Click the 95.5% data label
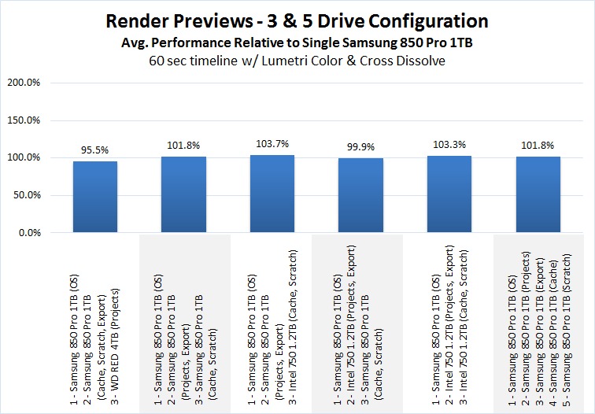click(x=94, y=148)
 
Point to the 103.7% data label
click(x=271, y=142)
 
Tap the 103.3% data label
click(x=448, y=143)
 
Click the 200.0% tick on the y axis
click(x=28, y=83)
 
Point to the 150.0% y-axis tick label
click(x=28, y=120)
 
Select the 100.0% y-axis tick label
click(x=28, y=157)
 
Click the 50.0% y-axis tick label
click(x=31, y=195)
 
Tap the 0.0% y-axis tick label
click(x=33, y=233)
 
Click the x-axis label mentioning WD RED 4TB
click(x=94, y=323)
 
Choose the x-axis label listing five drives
click(x=537, y=323)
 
